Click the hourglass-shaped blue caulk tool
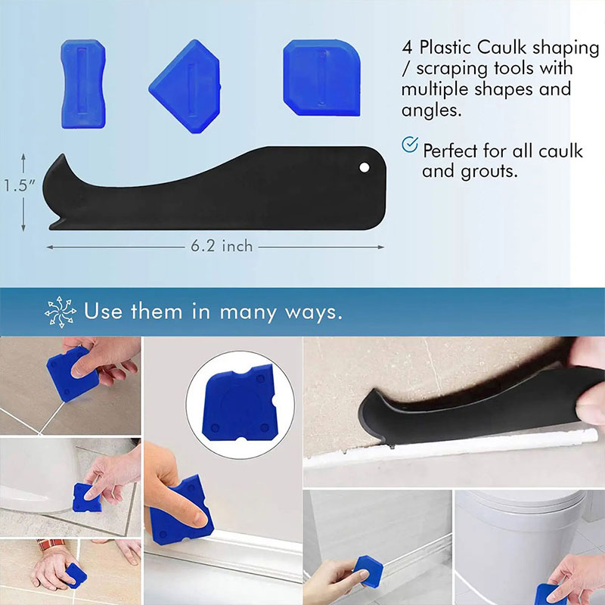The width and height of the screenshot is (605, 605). tap(83, 84)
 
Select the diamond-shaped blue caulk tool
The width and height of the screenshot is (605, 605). tap(185, 86)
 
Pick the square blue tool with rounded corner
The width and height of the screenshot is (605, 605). tap(321, 78)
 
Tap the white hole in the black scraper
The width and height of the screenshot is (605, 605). tap(364, 167)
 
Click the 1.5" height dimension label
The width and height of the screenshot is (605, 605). tap(19, 185)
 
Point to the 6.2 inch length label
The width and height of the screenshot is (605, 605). tap(222, 247)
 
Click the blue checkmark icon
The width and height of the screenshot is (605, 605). tap(410, 144)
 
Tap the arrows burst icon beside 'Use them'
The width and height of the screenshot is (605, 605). tap(60, 312)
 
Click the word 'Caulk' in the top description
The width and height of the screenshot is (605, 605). tap(501, 48)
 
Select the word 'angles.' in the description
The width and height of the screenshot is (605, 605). tap(431, 110)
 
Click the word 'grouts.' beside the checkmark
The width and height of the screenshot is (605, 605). tap(489, 171)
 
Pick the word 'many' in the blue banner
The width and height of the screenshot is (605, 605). tap(248, 312)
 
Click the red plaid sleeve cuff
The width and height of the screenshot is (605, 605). tap(51, 544)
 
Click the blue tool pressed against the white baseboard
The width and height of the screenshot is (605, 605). tap(181, 510)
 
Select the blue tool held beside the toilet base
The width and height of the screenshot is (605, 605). tap(87, 498)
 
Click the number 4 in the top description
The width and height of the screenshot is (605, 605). tap(407, 48)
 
